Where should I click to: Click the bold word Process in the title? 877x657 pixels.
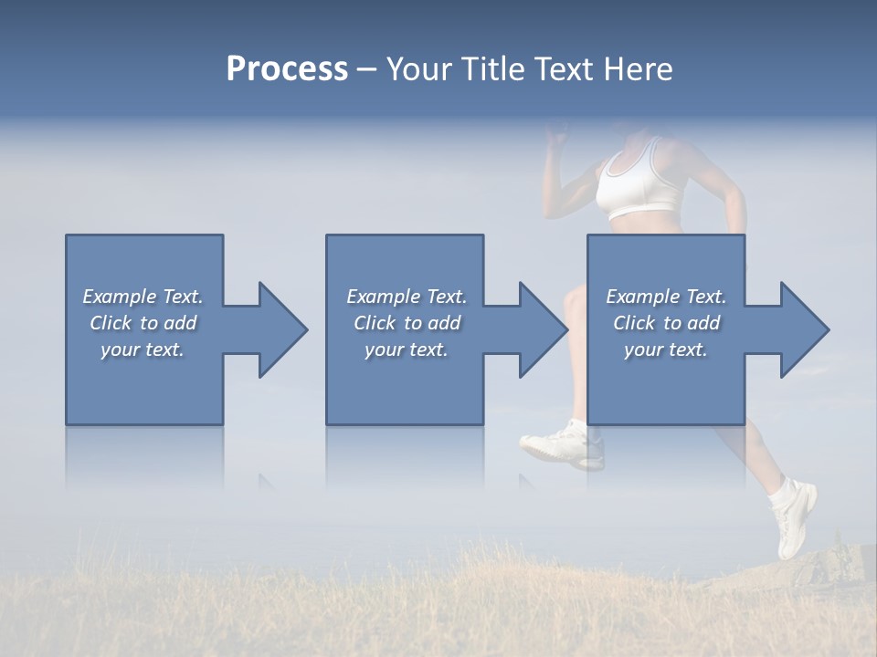[287, 69]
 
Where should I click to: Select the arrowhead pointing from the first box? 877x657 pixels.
[282, 329]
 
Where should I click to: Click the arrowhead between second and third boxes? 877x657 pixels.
[543, 329]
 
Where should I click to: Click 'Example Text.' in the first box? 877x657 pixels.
[143, 297]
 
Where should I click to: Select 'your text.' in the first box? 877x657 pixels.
[143, 349]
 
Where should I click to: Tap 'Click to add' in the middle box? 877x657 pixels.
[407, 323]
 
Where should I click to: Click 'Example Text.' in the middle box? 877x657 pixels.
[407, 297]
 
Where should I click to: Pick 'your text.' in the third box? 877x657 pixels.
[666, 349]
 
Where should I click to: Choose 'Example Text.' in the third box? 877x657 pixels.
[666, 297]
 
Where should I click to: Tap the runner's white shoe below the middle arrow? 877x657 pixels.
[563, 444]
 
